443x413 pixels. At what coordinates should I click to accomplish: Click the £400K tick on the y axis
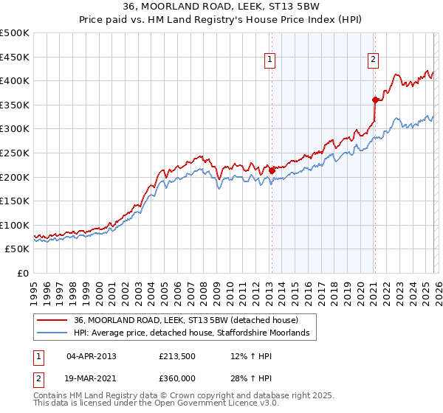[x=15, y=80]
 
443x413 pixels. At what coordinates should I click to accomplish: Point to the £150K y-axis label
[x=15, y=201]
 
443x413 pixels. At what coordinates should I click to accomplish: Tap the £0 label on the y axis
[x=23, y=273]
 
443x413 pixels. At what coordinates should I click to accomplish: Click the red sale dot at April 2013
[x=272, y=170]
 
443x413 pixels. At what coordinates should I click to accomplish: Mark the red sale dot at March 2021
[x=375, y=100]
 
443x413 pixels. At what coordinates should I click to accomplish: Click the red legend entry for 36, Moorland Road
[x=185, y=320]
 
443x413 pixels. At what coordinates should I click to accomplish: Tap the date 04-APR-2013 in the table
[x=91, y=356]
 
